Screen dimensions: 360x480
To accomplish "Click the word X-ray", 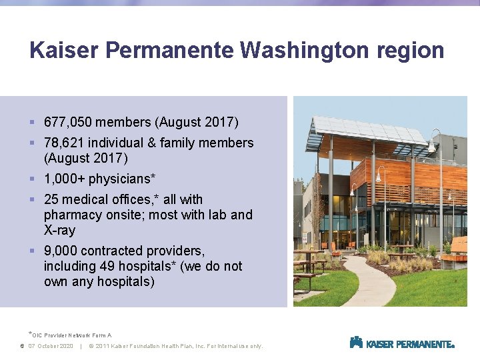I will click(x=59, y=230).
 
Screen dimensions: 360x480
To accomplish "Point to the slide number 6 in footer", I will click(x=22, y=346).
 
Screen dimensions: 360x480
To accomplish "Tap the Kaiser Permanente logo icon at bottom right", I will click(x=356, y=343).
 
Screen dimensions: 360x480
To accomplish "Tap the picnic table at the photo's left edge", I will click(x=304, y=267).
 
